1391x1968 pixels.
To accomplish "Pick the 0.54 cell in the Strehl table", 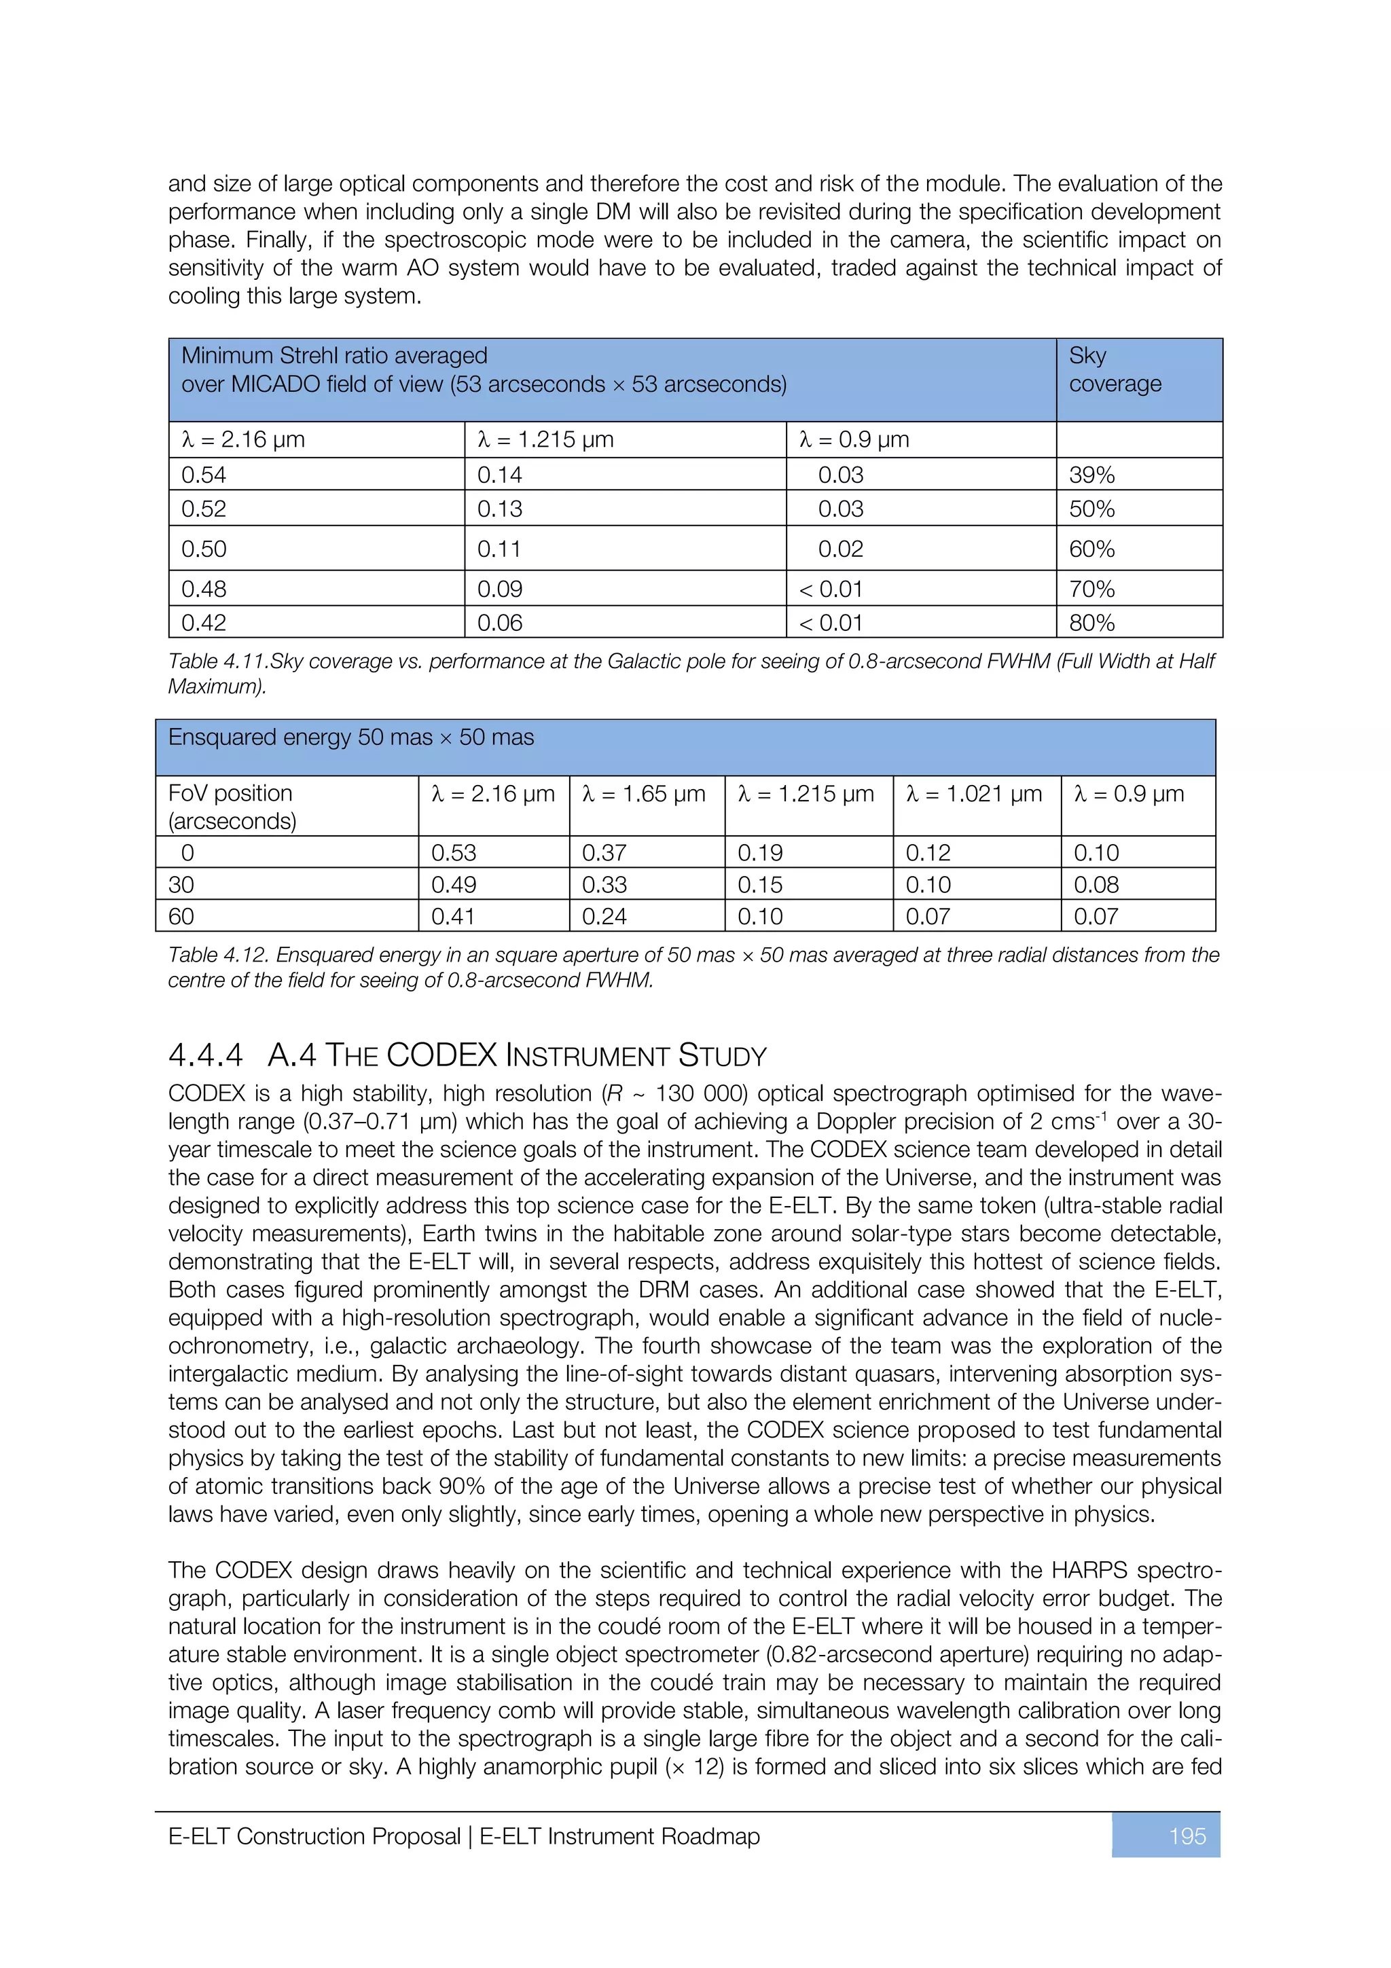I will pos(204,475).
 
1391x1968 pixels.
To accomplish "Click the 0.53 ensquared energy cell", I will pos(454,853).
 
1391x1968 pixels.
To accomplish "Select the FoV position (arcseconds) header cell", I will pos(232,807).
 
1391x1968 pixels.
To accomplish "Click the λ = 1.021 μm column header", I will pos(973,794).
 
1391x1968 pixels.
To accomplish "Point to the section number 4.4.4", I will pos(206,1055).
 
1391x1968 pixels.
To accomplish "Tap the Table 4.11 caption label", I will pos(217,661).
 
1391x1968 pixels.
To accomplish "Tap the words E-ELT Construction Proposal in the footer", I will pos(314,1836).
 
